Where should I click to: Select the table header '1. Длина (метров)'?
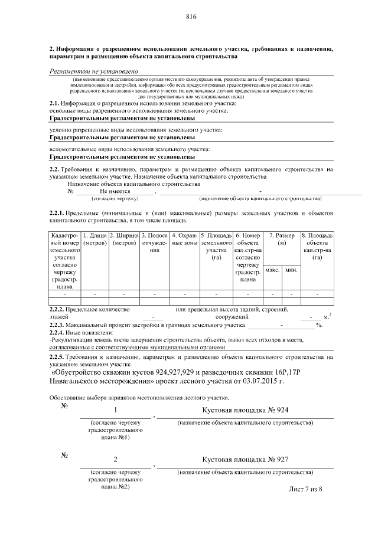coord(94,240)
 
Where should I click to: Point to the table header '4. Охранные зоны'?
coord(184,240)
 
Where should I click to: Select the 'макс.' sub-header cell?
coord(272,270)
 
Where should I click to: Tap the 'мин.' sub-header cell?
coord(291,270)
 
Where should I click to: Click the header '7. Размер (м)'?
coord(282,240)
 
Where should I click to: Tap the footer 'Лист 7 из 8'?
coord(306,489)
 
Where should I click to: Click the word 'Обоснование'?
coord(69,398)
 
